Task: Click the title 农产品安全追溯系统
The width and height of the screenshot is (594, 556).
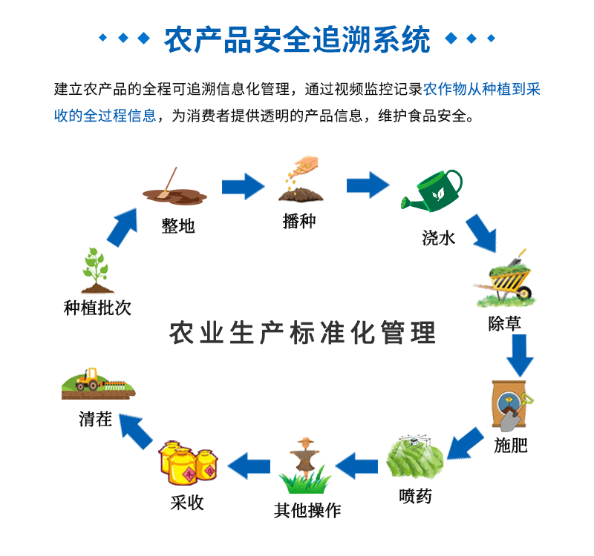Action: pyautogui.click(x=297, y=39)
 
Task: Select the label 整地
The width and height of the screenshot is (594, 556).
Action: pyautogui.click(x=178, y=225)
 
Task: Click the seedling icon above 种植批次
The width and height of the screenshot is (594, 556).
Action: pyautogui.click(x=97, y=271)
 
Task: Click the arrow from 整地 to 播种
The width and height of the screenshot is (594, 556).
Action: pyautogui.click(x=243, y=185)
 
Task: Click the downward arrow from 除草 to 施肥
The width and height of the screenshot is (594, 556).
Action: pyautogui.click(x=520, y=356)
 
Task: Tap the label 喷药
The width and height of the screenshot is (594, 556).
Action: pyautogui.click(x=415, y=496)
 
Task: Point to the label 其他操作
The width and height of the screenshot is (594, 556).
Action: pyautogui.click(x=307, y=510)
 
